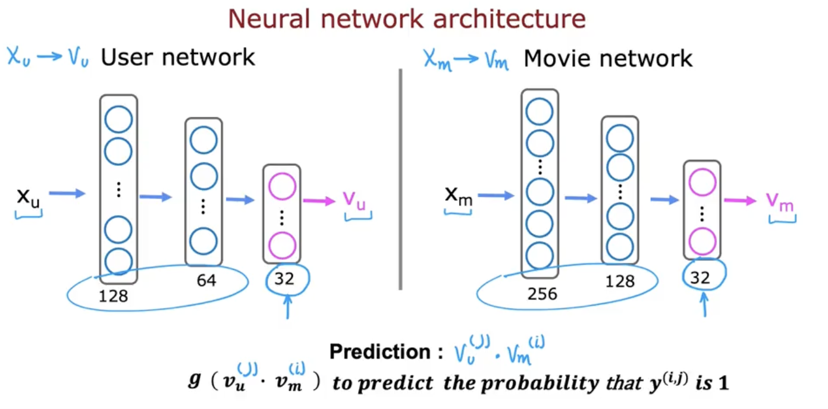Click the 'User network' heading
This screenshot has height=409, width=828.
pyautogui.click(x=177, y=58)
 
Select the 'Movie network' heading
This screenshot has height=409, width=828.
pyautogui.click(x=608, y=59)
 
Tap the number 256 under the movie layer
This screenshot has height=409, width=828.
pyautogui.click(x=542, y=294)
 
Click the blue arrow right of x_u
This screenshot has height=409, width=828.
pyautogui.click(x=67, y=194)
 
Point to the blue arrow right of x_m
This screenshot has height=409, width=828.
pyautogui.click(x=495, y=194)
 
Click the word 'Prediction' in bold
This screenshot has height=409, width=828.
pyautogui.click(x=381, y=352)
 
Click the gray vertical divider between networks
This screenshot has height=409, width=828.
pyautogui.click(x=400, y=178)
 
